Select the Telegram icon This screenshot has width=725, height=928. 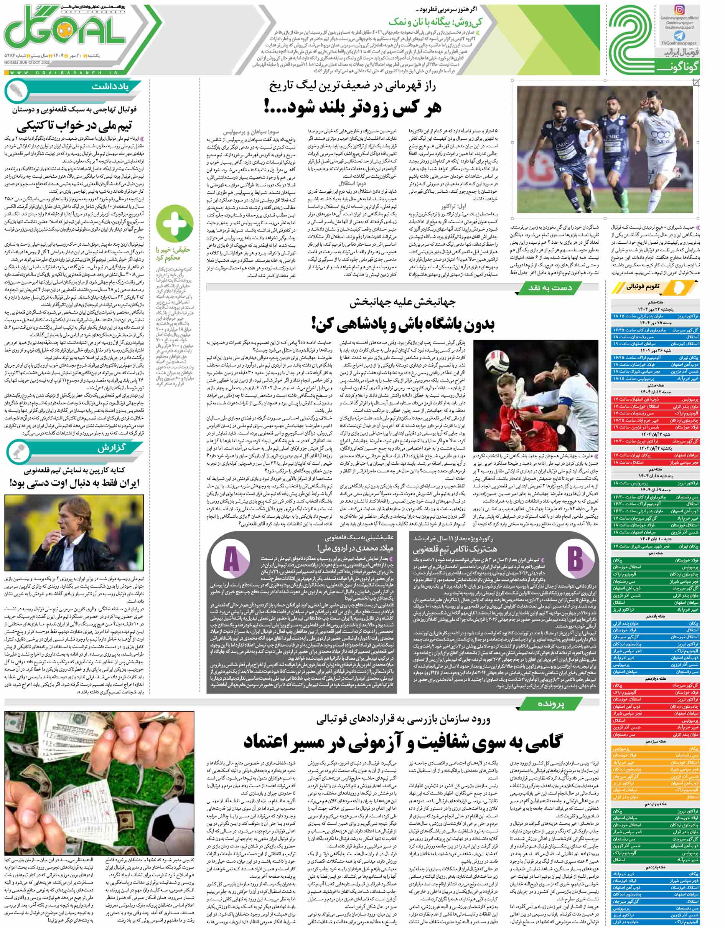tap(679, 35)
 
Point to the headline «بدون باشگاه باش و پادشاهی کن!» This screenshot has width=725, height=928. tap(404, 325)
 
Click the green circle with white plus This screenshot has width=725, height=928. tap(175, 223)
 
